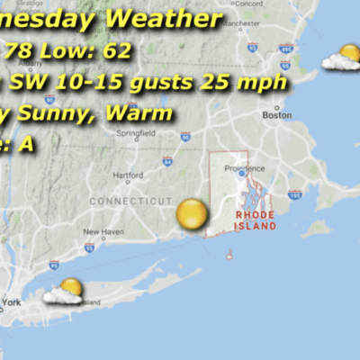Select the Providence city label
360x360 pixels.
tap(245, 167)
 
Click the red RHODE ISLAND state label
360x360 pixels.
tap(256, 220)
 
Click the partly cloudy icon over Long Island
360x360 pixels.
tap(65, 292)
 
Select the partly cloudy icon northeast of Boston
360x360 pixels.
tap(342, 59)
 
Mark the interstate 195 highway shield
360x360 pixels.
tap(294, 193)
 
